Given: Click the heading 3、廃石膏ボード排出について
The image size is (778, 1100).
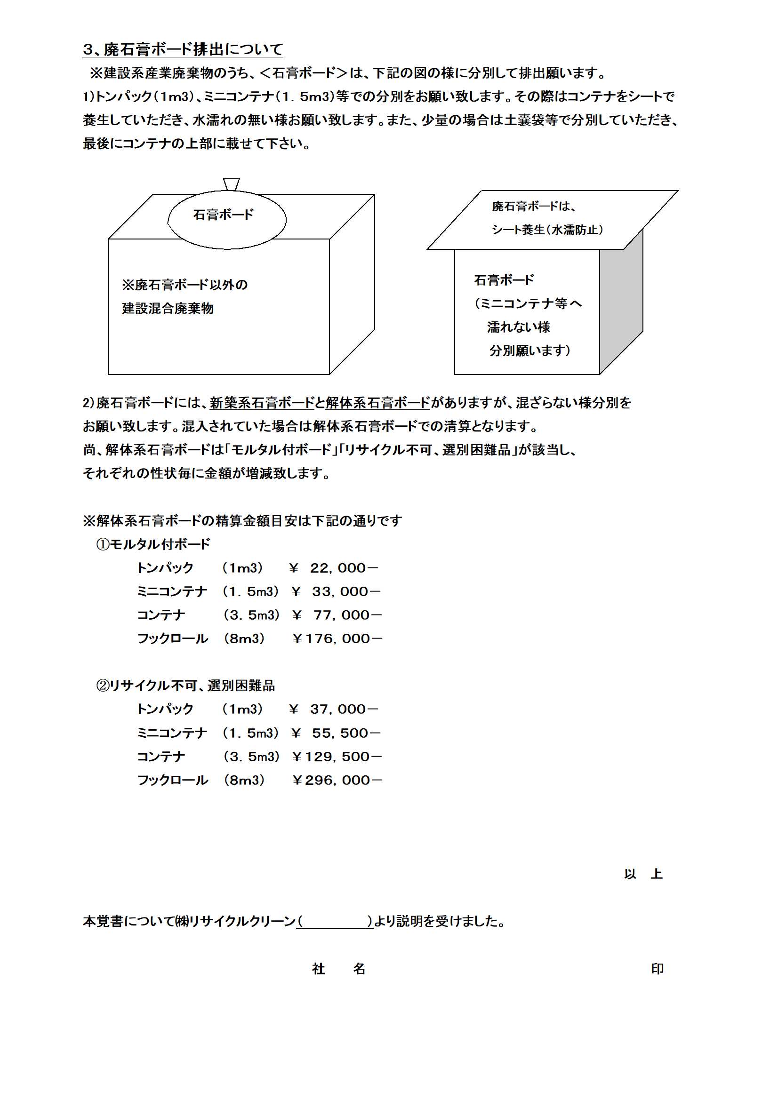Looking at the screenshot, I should [183, 49].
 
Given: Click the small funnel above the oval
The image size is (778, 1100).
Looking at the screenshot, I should [231, 184].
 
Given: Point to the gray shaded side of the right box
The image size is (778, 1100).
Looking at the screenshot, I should [621, 302].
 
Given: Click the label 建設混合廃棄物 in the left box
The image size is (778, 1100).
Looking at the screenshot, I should [168, 308].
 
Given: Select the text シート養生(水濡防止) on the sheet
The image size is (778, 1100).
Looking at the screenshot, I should [547, 230].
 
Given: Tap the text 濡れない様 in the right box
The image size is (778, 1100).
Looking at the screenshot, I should [519, 327].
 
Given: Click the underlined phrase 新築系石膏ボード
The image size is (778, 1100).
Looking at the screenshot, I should [262, 403].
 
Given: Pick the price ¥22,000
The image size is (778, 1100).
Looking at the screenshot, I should [334, 568].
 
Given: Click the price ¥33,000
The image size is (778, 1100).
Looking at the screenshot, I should [336, 592].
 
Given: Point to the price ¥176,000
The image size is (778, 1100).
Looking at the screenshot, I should [337, 638].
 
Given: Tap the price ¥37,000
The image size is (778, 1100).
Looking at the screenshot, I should [334, 709].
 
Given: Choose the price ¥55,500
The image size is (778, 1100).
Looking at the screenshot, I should [336, 733].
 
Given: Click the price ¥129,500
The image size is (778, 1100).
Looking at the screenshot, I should [337, 757].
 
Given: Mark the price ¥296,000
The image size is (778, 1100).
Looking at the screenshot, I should [337, 780].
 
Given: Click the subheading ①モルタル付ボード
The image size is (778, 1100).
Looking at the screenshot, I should [153, 544].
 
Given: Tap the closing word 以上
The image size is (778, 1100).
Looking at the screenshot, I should [643, 874].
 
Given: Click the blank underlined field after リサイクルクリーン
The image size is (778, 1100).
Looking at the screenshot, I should [335, 921].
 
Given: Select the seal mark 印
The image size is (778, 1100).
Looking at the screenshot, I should [657, 969].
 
